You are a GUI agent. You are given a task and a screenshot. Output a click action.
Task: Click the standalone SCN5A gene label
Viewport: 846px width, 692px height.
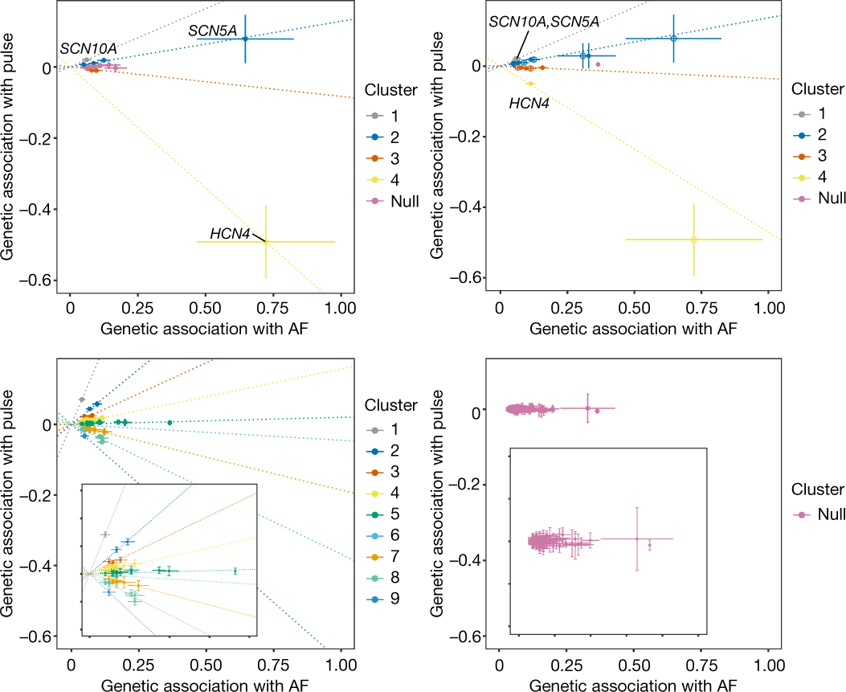click(x=213, y=31)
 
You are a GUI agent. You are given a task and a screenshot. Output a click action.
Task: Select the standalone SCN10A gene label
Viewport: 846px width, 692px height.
click(x=88, y=48)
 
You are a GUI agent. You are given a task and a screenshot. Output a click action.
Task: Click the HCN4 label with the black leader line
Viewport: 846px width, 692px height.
click(x=230, y=233)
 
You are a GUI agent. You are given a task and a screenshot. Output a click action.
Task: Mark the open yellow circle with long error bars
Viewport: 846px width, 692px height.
click(x=693, y=240)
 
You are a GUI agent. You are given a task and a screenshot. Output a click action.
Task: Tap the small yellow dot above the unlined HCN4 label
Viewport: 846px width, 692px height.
click(x=530, y=83)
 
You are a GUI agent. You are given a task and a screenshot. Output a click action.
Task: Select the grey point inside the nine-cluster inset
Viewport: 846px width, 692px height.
click(x=104, y=534)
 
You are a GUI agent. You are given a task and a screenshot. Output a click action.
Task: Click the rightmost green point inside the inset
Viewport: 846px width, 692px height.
click(x=235, y=571)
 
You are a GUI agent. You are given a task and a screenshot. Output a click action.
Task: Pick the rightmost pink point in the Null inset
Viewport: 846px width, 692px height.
click(x=649, y=545)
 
